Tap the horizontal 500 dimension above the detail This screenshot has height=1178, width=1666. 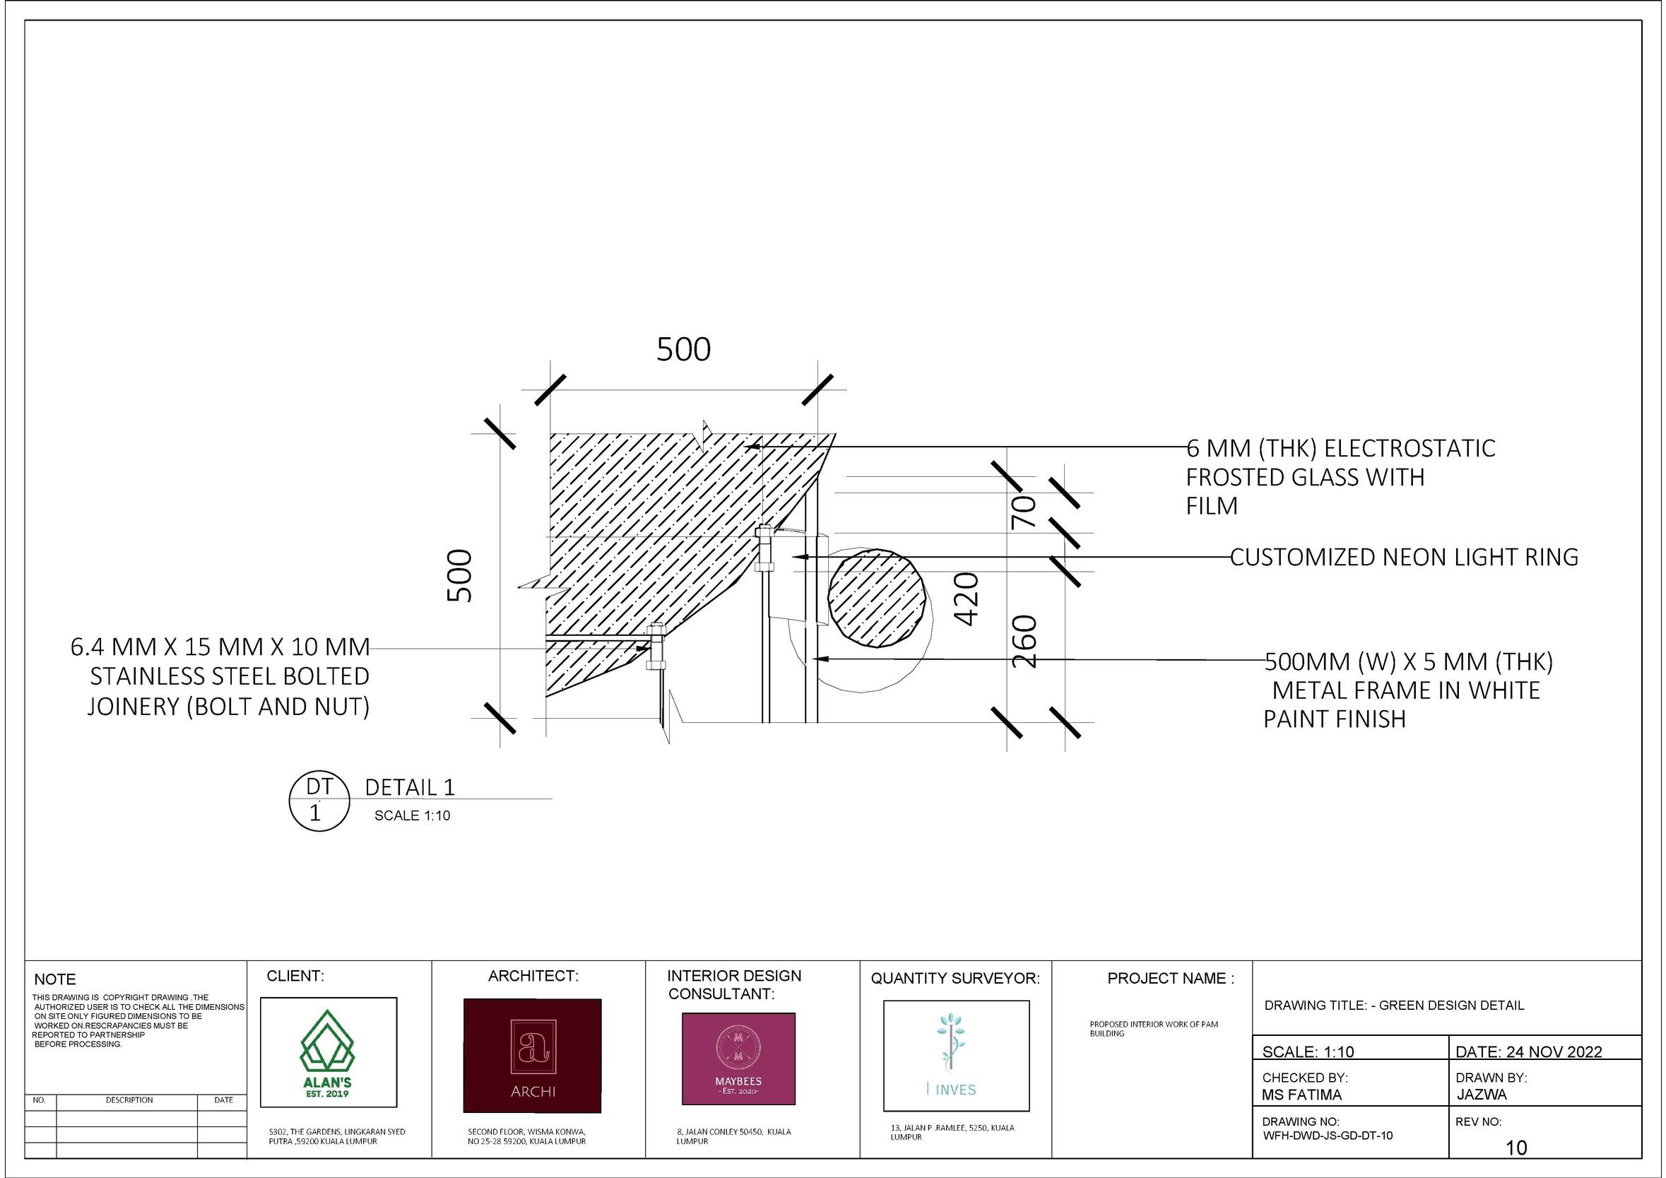click(x=683, y=350)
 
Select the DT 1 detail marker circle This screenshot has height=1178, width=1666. click(x=319, y=801)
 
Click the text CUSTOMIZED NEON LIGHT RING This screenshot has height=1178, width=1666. click(x=1404, y=558)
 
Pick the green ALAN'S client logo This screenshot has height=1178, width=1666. click(x=328, y=1053)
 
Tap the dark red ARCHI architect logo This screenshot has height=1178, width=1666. click(x=532, y=1055)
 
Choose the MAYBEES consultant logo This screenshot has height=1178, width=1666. click(x=738, y=1059)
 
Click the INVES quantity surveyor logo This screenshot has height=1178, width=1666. click(x=956, y=1055)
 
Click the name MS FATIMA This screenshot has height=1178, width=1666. click(x=1301, y=1095)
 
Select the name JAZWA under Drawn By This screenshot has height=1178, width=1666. click(x=1482, y=1094)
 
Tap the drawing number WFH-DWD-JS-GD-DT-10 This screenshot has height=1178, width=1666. click(x=1327, y=1135)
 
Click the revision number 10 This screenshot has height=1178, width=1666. click(x=1516, y=1148)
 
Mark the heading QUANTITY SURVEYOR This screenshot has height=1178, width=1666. click(x=955, y=979)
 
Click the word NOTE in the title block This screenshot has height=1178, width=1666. click(x=55, y=979)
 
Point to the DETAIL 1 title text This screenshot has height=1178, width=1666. click(x=409, y=787)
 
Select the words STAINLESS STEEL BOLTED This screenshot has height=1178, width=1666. click(x=230, y=676)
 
